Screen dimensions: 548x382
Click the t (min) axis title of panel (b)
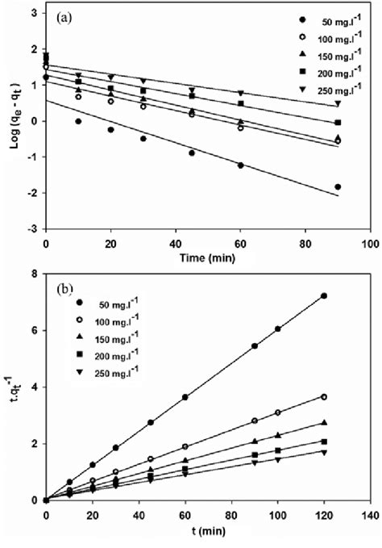tap(206, 533)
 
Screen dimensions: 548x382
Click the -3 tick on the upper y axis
tap(34, 228)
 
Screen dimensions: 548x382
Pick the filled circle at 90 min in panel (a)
tap(338, 186)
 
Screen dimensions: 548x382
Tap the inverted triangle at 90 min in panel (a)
tap(338, 104)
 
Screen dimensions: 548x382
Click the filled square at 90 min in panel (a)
tap(338, 123)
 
